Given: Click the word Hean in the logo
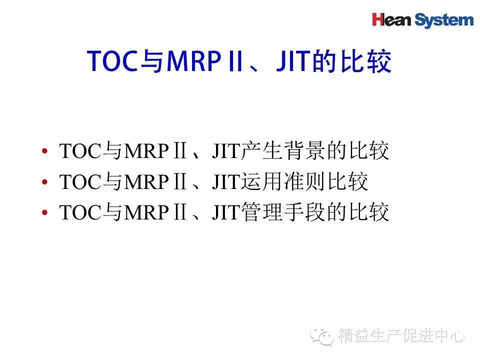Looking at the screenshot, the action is [x=391, y=20].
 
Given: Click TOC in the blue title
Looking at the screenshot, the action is [x=113, y=60].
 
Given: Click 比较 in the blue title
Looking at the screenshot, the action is [x=366, y=61].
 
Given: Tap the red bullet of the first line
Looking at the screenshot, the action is [x=44, y=151].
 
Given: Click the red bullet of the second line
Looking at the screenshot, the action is [x=44, y=182].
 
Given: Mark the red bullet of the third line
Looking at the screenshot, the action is [x=44, y=212].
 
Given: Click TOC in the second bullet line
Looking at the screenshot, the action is [x=80, y=182].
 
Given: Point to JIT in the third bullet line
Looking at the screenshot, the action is [x=225, y=212].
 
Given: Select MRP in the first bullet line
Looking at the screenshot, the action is [x=146, y=151].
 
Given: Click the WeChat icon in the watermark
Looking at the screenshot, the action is [x=321, y=336].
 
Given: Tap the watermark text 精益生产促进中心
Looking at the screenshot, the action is [x=401, y=335].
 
